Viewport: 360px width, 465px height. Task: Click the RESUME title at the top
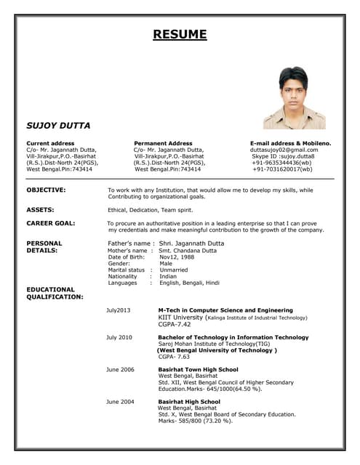click(x=180, y=34)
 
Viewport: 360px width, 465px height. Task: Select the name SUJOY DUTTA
click(x=58, y=126)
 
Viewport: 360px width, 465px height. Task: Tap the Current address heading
click(x=50, y=143)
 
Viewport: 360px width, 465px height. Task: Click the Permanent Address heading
click(x=163, y=143)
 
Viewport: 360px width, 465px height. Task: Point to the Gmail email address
click(x=284, y=150)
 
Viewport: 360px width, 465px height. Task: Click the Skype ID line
click(x=283, y=156)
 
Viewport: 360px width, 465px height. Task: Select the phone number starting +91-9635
click(x=281, y=163)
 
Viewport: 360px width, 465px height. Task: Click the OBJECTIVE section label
click(x=46, y=190)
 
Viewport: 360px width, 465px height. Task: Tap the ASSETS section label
click(x=40, y=209)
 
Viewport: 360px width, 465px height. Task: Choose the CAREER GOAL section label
click(x=50, y=223)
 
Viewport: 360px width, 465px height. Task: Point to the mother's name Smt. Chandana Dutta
click(x=188, y=250)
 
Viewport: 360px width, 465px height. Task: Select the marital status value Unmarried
click(x=174, y=270)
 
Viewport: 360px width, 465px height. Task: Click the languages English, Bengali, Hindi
click(x=189, y=283)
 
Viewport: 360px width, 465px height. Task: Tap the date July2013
click(x=118, y=310)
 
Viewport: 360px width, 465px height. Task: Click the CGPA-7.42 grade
click(x=175, y=324)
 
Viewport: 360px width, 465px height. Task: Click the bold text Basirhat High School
click(x=189, y=401)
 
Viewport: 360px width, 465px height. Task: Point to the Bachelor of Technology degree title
click(x=233, y=337)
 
